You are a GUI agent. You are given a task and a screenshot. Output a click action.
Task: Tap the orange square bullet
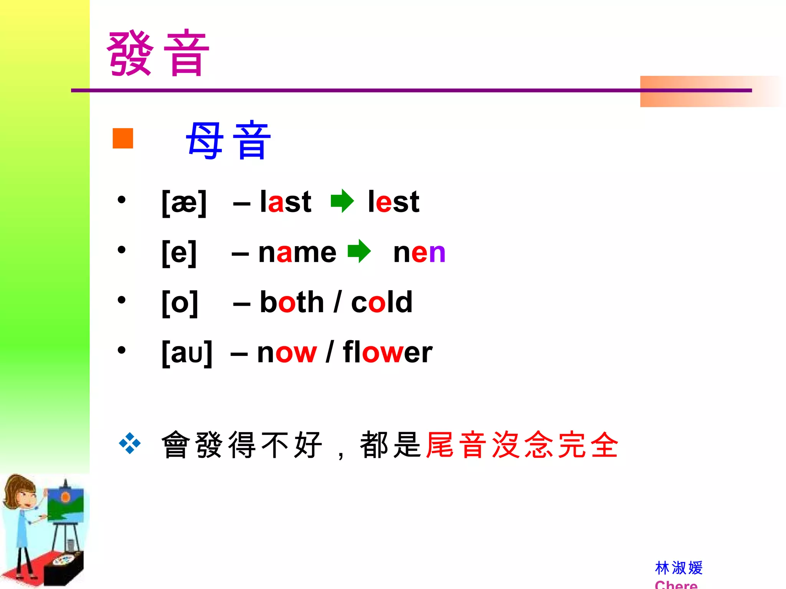click(123, 138)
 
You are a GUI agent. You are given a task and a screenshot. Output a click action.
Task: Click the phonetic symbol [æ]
click(184, 202)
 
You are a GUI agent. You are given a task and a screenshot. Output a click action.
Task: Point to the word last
click(286, 202)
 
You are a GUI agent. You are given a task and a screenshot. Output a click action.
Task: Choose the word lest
click(393, 202)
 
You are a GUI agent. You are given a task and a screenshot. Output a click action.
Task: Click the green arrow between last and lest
click(342, 201)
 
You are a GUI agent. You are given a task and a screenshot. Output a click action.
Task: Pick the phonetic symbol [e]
click(179, 252)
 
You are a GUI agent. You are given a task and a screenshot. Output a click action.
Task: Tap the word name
click(297, 252)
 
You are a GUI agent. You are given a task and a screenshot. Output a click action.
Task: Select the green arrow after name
click(359, 251)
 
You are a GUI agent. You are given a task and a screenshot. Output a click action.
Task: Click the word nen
click(419, 252)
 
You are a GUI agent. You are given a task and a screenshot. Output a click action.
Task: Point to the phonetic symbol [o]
click(180, 303)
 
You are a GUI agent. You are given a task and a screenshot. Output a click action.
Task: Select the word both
click(292, 302)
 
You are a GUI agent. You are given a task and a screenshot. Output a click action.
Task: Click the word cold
click(382, 302)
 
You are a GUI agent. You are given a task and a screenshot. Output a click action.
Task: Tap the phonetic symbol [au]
click(187, 352)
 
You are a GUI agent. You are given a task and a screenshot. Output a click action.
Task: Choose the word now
click(287, 352)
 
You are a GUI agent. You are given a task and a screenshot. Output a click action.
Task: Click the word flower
click(388, 352)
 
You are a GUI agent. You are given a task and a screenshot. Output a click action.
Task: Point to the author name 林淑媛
click(679, 568)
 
